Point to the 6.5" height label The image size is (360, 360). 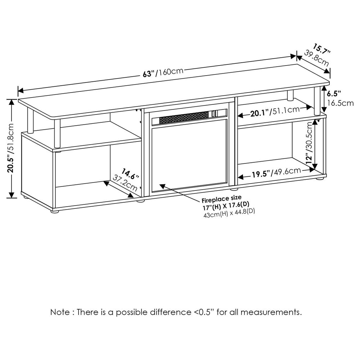point(334,94)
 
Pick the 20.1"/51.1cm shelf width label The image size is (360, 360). point(275,113)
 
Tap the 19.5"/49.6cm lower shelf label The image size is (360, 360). point(276,174)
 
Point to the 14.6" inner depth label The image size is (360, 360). point(130,174)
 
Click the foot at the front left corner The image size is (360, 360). point(55,212)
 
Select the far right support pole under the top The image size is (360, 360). point(317,100)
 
